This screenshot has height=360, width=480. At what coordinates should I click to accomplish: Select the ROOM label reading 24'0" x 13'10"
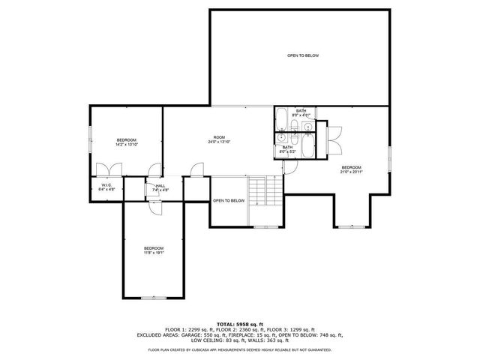[x=219, y=139]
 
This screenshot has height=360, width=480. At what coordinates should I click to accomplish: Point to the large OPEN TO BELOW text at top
[x=303, y=55]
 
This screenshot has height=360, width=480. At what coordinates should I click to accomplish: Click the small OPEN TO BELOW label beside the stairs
[x=229, y=201]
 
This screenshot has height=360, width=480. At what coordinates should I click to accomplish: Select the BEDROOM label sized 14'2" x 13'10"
[x=127, y=142]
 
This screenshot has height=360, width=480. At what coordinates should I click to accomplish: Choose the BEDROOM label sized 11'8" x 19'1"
[x=154, y=250]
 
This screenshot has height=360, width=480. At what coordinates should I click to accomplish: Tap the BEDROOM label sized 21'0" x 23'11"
[x=352, y=169]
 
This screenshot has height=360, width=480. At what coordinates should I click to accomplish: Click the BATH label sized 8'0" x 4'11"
[x=300, y=112]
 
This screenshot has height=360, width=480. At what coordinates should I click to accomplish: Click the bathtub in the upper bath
[x=281, y=118]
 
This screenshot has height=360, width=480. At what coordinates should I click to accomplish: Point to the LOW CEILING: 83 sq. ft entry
[x=217, y=340]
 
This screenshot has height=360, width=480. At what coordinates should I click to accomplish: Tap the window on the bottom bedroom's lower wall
[x=154, y=298]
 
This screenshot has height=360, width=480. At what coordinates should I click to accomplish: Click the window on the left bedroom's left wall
[x=91, y=138]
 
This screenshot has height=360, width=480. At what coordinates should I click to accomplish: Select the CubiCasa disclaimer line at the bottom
[x=240, y=349]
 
